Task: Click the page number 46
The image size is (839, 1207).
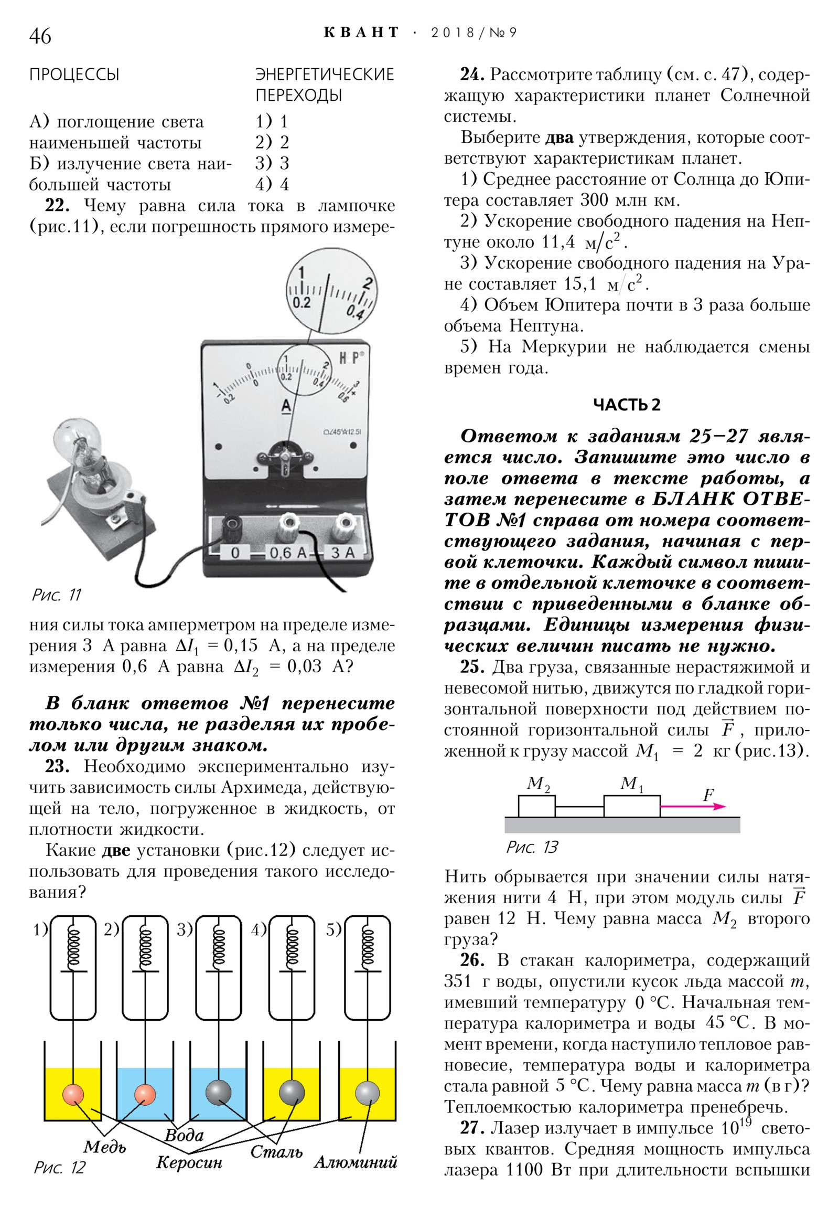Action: pyautogui.click(x=40, y=36)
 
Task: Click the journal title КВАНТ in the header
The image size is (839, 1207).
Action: pyautogui.click(x=361, y=33)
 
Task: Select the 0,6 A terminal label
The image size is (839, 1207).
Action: pyautogui.click(x=287, y=553)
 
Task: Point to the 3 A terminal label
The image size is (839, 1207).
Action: pyautogui.click(x=342, y=553)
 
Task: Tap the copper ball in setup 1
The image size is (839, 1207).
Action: pyautogui.click(x=73, y=1094)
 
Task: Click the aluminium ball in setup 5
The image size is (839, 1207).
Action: pyautogui.click(x=367, y=1093)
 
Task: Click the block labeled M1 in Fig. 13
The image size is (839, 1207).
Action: pyautogui.click(x=631, y=806)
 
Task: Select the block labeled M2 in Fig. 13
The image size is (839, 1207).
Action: pyautogui.click(x=536, y=806)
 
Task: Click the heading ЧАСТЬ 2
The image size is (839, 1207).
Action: pyautogui.click(x=627, y=405)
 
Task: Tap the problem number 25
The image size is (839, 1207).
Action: pyautogui.click(x=472, y=667)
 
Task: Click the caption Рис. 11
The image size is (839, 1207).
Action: pyautogui.click(x=56, y=595)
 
